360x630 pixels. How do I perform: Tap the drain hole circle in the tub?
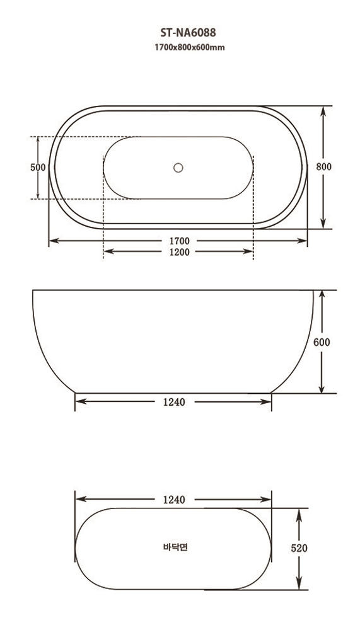[x=178, y=168]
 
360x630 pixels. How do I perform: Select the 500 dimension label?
[x=38, y=168]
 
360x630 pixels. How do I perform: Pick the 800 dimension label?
[x=323, y=167]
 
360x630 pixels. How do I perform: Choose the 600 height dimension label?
[x=322, y=342]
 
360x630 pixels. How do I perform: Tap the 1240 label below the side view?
[x=174, y=403]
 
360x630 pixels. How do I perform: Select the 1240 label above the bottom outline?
[x=174, y=500]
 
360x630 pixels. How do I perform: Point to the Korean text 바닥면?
[x=174, y=547]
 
